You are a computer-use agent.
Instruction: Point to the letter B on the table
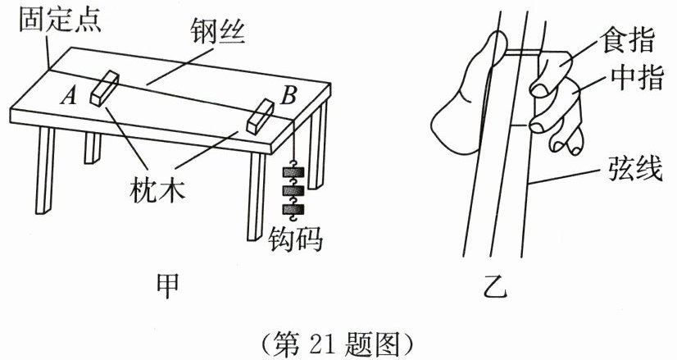(288, 94)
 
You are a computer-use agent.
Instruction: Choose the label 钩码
(296, 239)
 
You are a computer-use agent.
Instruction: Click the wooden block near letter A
(105, 87)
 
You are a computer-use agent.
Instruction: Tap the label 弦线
(632, 173)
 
